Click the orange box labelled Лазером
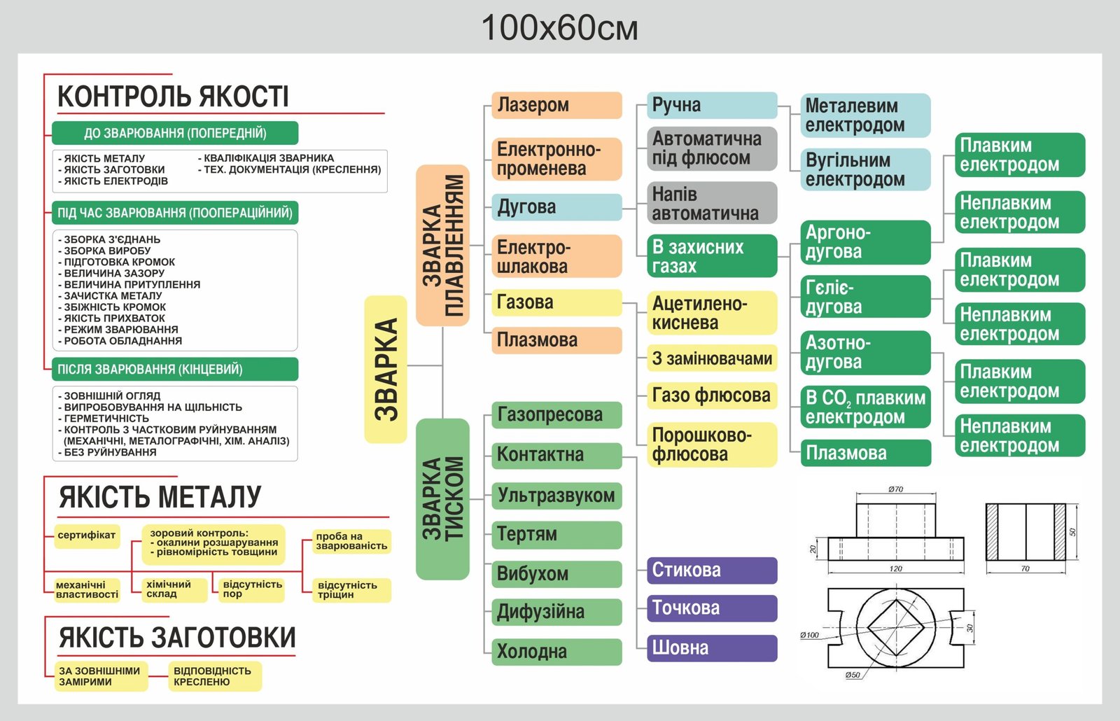tap(556, 105)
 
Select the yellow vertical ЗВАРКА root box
tap(386, 369)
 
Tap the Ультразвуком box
tap(556, 496)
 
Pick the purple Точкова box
tap(711, 608)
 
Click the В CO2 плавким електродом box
tap(865, 407)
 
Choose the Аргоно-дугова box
tap(865, 242)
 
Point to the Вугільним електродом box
tap(865, 169)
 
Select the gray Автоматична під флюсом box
tap(711, 148)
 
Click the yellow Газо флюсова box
tap(711, 395)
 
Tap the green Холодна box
tap(556, 652)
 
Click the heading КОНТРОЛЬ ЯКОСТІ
tap(173, 97)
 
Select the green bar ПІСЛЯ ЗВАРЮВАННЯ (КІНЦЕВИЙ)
tap(175, 369)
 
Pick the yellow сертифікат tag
tap(87, 535)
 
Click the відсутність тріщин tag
tap(347, 590)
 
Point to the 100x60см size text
tap(559, 29)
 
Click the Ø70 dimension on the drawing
tap(895, 489)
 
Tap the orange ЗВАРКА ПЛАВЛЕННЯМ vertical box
tap(442, 245)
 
